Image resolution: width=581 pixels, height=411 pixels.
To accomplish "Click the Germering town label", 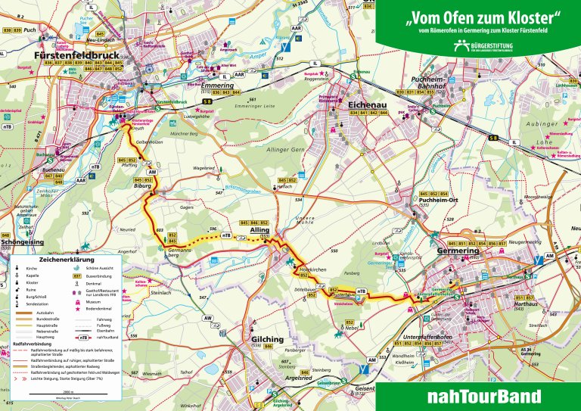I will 458,251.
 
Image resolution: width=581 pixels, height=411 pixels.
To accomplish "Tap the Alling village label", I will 259,229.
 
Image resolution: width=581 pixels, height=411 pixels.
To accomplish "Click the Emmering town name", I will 219,86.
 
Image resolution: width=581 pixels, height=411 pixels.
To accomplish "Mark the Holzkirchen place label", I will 313,270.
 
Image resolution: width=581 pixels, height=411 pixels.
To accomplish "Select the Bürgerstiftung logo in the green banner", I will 478,47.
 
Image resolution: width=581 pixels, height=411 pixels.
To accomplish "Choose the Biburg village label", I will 143,185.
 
